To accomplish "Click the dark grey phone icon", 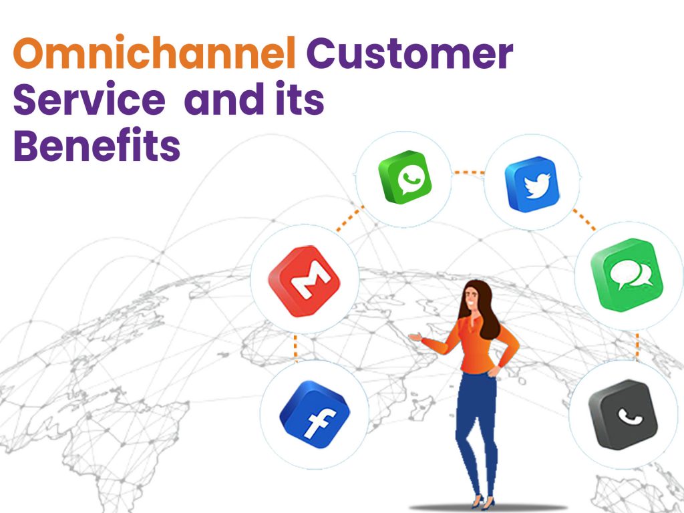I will coord(623,414).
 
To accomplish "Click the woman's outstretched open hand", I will coord(415,337).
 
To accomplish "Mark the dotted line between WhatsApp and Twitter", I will coord(468,172).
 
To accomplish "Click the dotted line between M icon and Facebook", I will coord(294,347).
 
